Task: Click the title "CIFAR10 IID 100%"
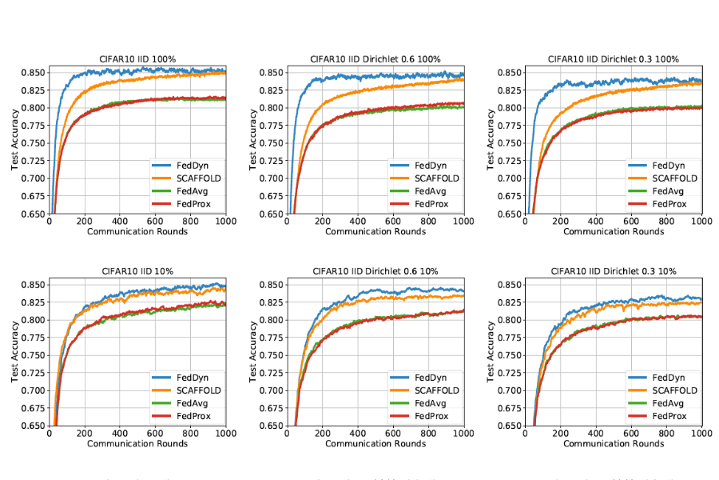tap(137, 59)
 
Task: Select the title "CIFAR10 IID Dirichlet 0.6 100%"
tap(375, 59)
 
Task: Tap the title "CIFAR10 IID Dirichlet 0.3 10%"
tap(613, 271)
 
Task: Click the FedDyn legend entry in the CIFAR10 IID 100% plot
tap(187, 166)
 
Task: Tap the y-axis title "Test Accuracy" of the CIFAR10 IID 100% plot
tap(14, 142)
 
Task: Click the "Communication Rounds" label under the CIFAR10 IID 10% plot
tap(137, 443)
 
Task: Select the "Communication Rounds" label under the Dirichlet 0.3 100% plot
tap(614, 231)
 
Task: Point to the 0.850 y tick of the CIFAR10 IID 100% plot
tap(33, 72)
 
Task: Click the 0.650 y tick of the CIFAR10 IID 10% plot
tap(33, 426)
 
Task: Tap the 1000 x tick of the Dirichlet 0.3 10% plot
tap(701, 434)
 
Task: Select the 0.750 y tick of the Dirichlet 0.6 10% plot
tap(272, 355)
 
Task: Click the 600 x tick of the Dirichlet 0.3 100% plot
tap(630, 222)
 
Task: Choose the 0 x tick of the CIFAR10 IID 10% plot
tap(50, 434)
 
